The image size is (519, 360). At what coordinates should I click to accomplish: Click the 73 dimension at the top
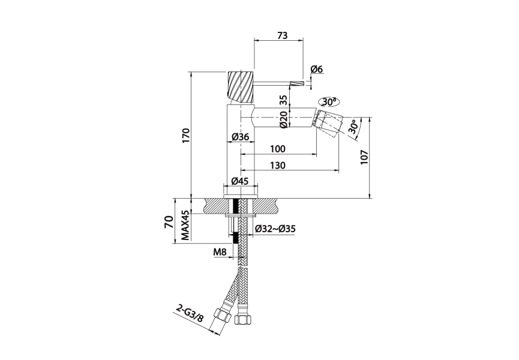point(283,35)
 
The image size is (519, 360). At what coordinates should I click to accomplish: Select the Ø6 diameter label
point(317,69)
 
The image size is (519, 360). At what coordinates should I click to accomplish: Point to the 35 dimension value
point(283,100)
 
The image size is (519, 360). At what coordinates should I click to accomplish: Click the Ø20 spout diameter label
point(283,119)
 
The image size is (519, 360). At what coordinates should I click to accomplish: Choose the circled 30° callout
point(329,102)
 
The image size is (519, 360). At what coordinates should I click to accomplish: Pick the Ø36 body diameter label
point(241,137)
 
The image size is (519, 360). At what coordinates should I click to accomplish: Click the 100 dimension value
point(277,149)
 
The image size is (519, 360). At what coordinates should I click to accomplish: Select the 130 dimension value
point(277,165)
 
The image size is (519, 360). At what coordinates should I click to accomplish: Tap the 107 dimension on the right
point(364,157)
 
